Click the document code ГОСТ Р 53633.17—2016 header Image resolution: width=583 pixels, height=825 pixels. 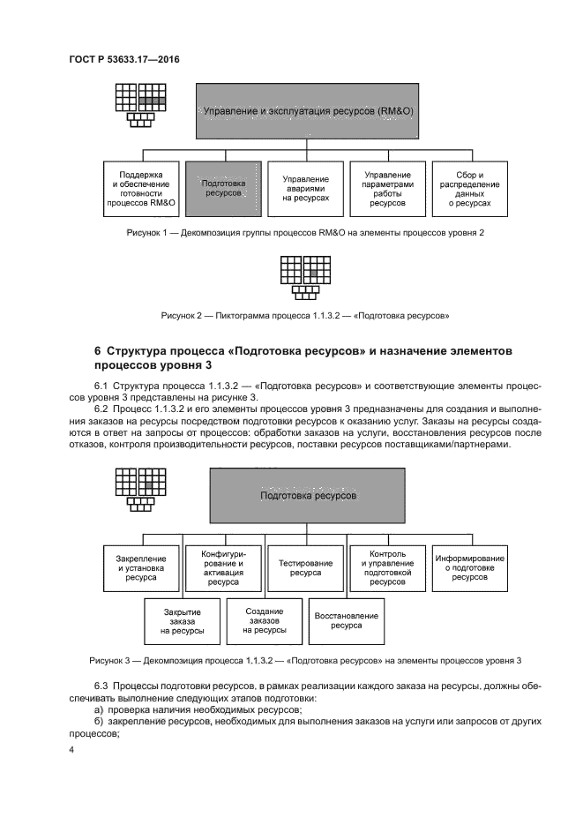pyautogui.click(x=130, y=60)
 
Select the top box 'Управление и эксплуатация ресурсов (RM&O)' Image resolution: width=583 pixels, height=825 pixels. pyautogui.click(x=308, y=112)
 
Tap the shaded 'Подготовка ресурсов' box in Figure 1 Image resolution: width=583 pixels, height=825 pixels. pyautogui.click(x=224, y=188)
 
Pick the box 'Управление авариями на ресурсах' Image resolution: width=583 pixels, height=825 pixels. pyautogui.click(x=306, y=189)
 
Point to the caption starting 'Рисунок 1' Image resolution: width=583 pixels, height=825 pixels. pyautogui.click(x=305, y=233)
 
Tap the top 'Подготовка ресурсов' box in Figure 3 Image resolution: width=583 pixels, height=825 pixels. pyautogui.click(x=308, y=497)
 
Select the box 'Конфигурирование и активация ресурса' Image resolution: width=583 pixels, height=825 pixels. pyautogui.click(x=224, y=565)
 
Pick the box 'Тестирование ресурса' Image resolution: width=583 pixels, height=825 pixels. pyautogui.click(x=306, y=565)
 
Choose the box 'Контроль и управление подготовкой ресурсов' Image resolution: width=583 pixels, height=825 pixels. pyautogui.click(x=387, y=565)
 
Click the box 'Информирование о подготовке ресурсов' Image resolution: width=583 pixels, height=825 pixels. pyautogui.click(x=469, y=565)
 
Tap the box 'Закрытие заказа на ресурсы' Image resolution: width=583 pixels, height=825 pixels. pyautogui.click(x=183, y=622)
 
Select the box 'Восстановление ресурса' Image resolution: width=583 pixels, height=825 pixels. pyautogui.click(x=347, y=620)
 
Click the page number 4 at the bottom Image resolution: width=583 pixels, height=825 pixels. pyautogui.click(x=71, y=750)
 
